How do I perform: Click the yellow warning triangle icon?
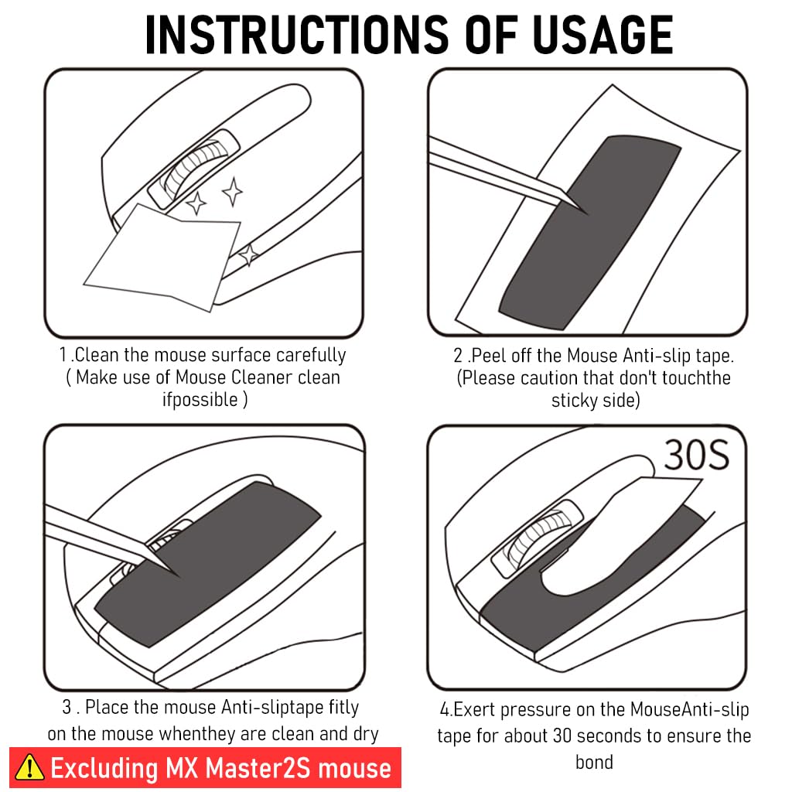[x=29, y=767]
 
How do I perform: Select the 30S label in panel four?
[x=696, y=457]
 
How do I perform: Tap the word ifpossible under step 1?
[x=200, y=400]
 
